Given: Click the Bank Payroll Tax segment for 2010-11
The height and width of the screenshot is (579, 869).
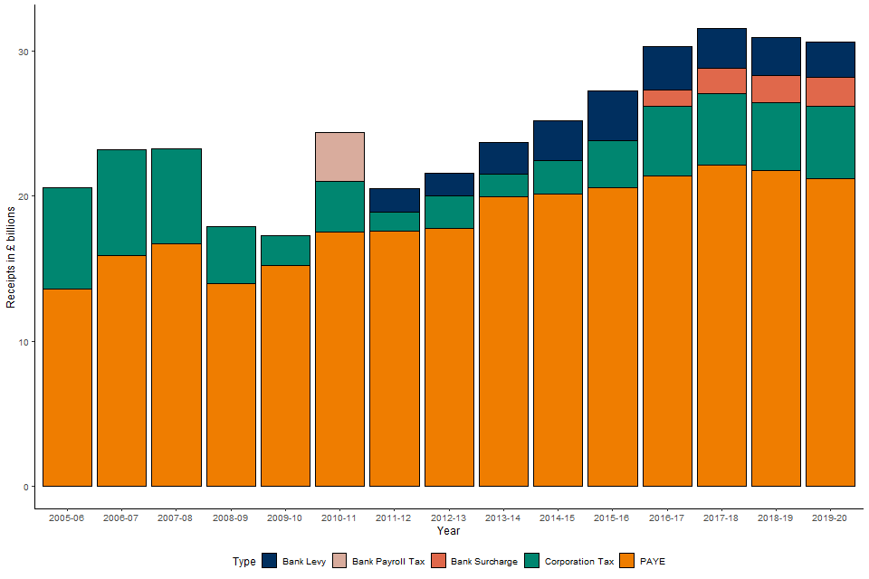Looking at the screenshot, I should click(x=339, y=157).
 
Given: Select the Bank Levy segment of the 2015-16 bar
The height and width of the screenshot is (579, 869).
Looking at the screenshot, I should click(x=612, y=116).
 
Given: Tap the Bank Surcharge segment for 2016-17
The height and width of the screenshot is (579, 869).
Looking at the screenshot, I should click(x=667, y=98).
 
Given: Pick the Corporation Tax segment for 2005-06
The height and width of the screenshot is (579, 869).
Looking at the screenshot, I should click(x=67, y=238).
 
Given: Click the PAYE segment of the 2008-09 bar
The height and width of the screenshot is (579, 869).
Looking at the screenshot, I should click(x=231, y=384).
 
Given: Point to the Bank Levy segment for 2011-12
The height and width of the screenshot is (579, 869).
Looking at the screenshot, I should click(x=395, y=200).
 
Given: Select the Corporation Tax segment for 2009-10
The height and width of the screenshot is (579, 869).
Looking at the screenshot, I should click(x=285, y=251).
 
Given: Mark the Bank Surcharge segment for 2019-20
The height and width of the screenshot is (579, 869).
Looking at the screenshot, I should click(x=830, y=91).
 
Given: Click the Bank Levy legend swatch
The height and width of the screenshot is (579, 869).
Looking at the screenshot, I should click(x=269, y=561).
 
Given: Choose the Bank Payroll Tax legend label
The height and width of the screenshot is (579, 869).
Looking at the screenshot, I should click(x=387, y=562).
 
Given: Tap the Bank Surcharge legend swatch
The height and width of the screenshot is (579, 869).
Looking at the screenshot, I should click(x=440, y=561).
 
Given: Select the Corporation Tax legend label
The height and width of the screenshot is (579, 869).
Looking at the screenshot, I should click(x=579, y=562).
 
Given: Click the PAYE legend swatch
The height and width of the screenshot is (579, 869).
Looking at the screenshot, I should click(x=628, y=561).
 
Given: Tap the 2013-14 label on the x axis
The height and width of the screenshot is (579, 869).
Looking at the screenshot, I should click(x=502, y=517).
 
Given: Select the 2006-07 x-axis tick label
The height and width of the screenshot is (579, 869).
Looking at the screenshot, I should click(x=121, y=517).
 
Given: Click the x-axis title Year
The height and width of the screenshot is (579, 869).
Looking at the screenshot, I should click(x=448, y=531).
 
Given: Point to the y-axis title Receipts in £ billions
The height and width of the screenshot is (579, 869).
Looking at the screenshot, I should click(x=12, y=257).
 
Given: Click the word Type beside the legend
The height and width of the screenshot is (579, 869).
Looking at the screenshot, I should click(x=244, y=562).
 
